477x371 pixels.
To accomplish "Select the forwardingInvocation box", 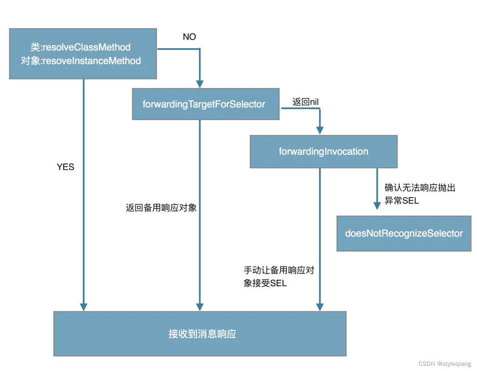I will (324, 152).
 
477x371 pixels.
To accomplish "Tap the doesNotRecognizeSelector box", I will (404, 233).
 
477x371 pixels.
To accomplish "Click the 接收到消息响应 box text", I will (202, 334).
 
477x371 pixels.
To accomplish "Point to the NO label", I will (189, 37).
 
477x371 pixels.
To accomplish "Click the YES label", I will (66, 167).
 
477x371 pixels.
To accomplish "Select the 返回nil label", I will (305, 102).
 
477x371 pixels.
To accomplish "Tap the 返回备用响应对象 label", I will (161, 208).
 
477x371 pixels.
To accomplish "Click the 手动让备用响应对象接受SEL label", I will (279, 277).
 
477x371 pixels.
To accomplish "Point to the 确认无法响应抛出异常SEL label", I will (420, 194).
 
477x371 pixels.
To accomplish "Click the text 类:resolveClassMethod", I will (81, 47).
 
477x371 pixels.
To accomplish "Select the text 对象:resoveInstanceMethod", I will (81, 61).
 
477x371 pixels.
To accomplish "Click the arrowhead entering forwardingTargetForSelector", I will (200, 84).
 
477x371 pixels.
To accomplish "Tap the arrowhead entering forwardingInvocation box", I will (320, 130).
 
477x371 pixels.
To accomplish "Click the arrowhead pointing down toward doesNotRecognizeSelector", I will (377, 205).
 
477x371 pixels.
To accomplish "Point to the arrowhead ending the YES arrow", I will (83, 307).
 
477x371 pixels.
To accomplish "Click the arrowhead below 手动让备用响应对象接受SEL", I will (320, 307).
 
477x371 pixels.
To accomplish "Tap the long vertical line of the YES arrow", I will (83, 191).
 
